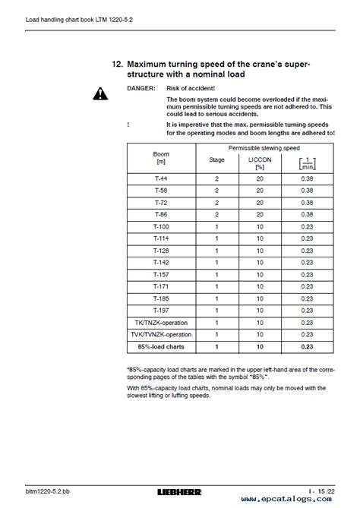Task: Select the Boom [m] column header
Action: pyautogui.click(x=160, y=158)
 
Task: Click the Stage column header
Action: pyautogui.click(x=216, y=160)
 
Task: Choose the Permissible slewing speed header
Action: pyautogui.click(x=261, y=147)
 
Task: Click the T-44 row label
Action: pyautogui.click(x=160, y=177)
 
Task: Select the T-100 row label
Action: pyautogui.click(x=160, y=227)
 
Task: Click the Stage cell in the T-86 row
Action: pyautogui.click(x=216, y=214)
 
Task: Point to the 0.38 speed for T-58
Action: pyautogui.click(x=307, y=190)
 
